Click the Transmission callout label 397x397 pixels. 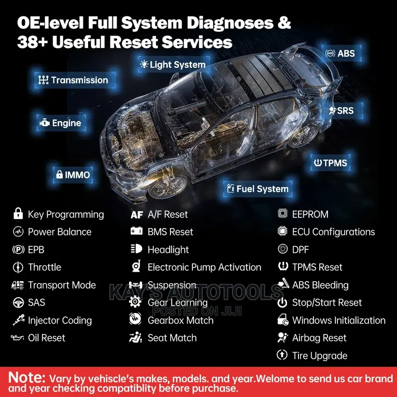coord(74,80)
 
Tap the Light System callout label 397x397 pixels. coord(173,65)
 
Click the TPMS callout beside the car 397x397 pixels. coord(330,163)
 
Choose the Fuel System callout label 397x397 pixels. coord(258,189)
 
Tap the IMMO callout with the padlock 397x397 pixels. coord(73,175)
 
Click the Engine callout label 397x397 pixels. coord(61,123)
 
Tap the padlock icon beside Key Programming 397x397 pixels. coord(18,213)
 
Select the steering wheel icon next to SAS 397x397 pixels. coord(18,303)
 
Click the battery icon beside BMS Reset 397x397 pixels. coord(136,231)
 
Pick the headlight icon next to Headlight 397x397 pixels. coord(136,249)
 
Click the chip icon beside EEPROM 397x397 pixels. coord(282,213)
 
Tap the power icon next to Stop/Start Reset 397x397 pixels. coord(282,303)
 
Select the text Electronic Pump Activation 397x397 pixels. coord(204,268)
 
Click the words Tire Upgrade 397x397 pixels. coord(320,356)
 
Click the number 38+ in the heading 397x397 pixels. coord(32,42)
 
